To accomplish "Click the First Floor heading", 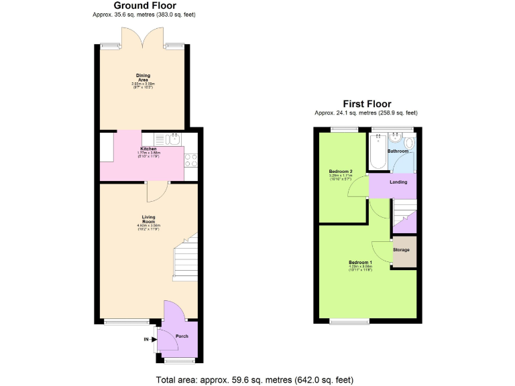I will [367, 104].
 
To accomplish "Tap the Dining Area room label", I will [142, 77].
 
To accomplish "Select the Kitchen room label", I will [148, 148].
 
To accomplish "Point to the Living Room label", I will [148, 218].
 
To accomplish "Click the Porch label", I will [181, 336].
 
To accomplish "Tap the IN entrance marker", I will [146, 340].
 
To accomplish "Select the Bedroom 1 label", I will [360, 261].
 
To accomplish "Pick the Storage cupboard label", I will [401, 250].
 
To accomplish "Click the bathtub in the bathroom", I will [378, 151].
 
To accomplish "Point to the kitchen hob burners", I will [190, 160].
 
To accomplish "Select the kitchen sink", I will [174, 139].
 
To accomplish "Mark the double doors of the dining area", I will [142, 37].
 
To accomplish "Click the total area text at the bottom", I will [254, 379].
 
